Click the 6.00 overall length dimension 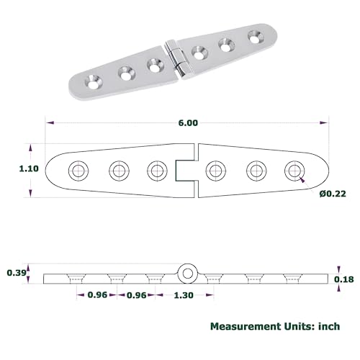[x=187, y=123]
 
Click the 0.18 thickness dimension [x=345, y=279]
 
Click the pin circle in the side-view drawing [x=187, y=272]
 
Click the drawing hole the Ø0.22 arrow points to [x=292, y=171]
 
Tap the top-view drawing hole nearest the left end [x=77, y=171]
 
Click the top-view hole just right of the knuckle [x=213, y=171]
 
